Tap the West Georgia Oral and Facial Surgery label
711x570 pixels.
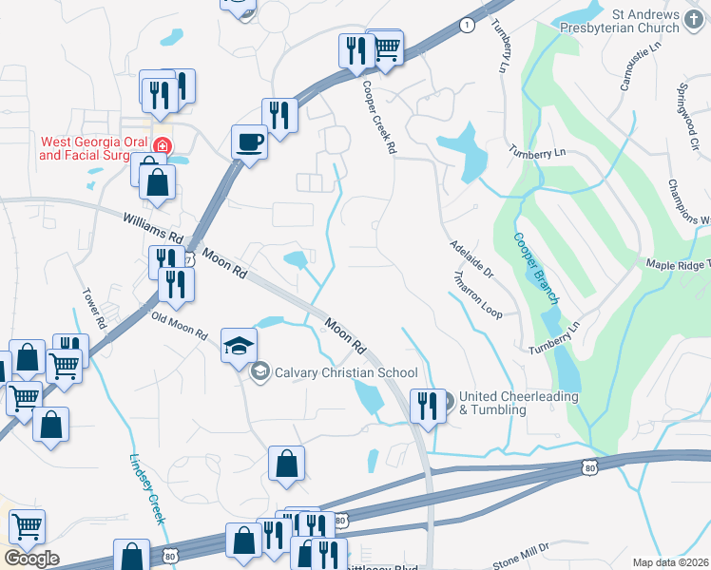94,148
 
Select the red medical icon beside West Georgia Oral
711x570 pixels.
163,146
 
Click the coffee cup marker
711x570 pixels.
249,142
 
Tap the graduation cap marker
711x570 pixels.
240,345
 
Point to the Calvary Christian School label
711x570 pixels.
345,372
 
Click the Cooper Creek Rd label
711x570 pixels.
377,116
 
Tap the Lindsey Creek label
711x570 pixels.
147,487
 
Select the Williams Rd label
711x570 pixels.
152,232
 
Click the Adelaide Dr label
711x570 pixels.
472,257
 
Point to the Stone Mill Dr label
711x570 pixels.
522,556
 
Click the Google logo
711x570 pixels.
30,558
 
